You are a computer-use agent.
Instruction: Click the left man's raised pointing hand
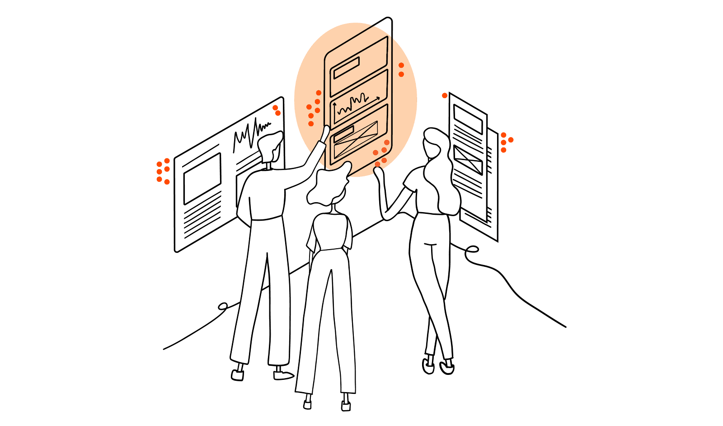[324, 133]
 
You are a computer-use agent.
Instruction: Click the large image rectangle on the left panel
[202, 179]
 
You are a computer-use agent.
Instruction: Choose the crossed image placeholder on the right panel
[468, 160]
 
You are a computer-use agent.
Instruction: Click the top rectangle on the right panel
[468, 116]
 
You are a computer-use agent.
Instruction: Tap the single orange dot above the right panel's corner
[445, 95]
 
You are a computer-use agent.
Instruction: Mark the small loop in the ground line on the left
[222, 307]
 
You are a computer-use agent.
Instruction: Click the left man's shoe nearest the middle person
[282, 375]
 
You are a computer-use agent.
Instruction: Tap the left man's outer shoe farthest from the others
[238, 373]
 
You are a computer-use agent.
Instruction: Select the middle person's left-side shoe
[307, 402]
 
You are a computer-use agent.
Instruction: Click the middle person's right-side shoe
[346, 404]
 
